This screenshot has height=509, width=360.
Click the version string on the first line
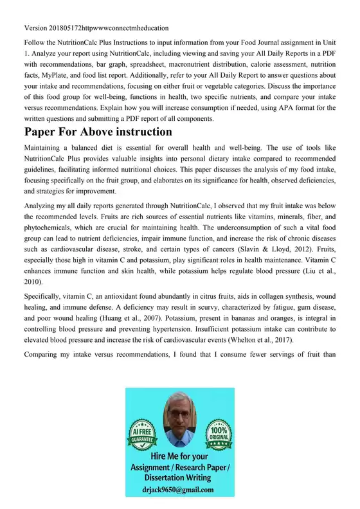(96, 28)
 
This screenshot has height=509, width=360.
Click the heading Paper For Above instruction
(98, 132)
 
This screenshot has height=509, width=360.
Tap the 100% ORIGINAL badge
(219, 431)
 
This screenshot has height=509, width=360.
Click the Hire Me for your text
(179, 456)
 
